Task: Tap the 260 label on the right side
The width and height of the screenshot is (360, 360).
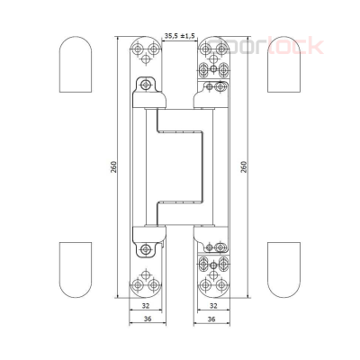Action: [x=246, y=168]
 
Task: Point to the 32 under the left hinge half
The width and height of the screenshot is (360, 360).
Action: [x=146, y=305]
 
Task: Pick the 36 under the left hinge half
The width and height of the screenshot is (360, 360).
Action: [x=146, y=319]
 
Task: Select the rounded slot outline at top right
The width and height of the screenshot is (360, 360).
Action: [x=284, y=65]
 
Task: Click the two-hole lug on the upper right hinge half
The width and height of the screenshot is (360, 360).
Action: [x=214, y=87]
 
